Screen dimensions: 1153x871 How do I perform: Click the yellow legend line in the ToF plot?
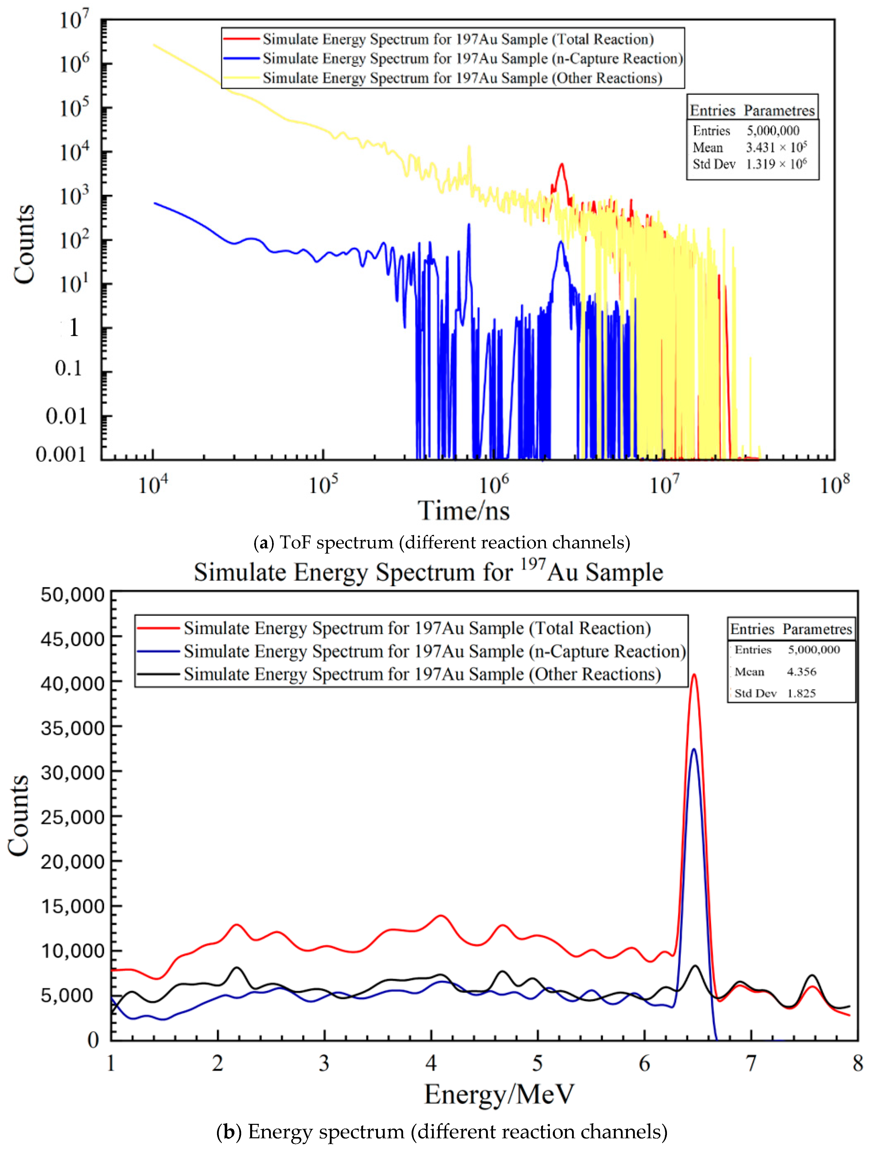point(241,78)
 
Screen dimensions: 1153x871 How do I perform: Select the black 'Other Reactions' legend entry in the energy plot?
point(422,674)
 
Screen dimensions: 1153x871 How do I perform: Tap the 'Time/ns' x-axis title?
point(464,511)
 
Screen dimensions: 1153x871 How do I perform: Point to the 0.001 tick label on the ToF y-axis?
point(61,455)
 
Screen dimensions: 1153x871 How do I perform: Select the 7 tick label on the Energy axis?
point(751,1063)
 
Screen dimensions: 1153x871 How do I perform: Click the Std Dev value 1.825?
point(801,693)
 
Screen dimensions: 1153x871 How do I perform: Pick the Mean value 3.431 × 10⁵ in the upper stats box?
point(776,148)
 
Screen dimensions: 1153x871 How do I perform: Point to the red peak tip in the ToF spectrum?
point(562,165)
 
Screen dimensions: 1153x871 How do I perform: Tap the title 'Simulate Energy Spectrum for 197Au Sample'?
point(428,572)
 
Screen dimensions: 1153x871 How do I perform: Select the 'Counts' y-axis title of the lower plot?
point(19,816)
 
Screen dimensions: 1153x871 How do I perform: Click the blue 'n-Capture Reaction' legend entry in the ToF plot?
point(472,58)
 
